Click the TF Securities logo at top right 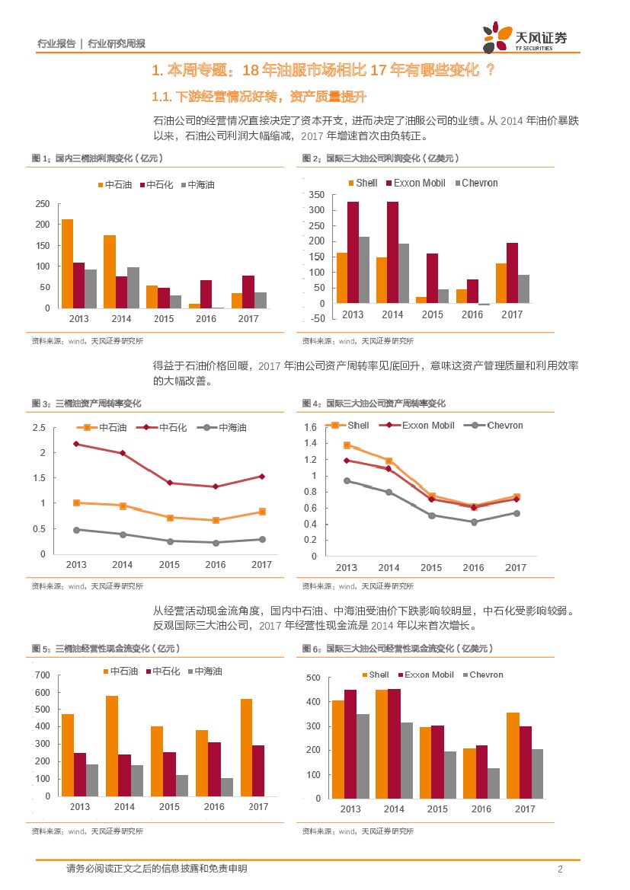click(525, 37)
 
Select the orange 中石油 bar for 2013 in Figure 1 click(67, 263)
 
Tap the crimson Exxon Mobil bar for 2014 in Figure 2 click(392, 252)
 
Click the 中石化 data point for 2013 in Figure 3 click(76, 444)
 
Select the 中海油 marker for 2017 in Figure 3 click(261, 539)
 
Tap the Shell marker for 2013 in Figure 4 click(347, 445)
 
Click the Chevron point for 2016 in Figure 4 click(473, 522)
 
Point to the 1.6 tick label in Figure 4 click(309, 427)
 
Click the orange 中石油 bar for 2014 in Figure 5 click(112, 745)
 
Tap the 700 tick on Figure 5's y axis click(42, 675)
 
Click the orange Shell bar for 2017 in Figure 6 click(513, 755)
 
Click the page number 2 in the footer click(560, 869)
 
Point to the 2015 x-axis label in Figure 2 click(432, 314)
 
